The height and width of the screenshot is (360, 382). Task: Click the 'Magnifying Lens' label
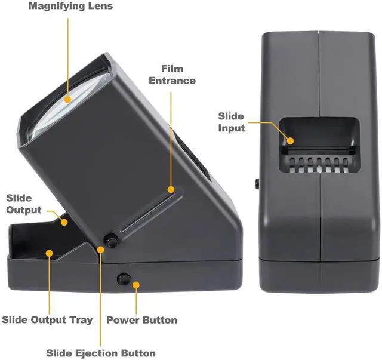pos(70,7)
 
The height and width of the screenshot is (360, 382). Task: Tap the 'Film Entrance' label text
pos(172,74)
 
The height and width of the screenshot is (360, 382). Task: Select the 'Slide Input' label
pos(231,122)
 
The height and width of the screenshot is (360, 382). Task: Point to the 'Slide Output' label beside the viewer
pos(24,204)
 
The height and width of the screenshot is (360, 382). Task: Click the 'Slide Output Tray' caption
pos(47,320)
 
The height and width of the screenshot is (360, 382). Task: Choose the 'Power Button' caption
pos(141,320)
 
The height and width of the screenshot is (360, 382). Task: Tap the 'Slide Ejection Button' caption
pos(101,353)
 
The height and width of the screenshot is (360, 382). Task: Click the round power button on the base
pos(124,278)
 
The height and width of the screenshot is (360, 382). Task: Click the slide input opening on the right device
pos(320,134)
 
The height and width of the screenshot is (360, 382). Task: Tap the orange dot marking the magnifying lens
pos(67,99)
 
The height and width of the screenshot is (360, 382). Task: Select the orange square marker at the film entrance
pos(171,190)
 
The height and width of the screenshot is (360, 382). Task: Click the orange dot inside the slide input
pos(291,141)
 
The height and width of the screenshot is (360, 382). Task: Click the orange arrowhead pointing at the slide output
pos(64,221)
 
